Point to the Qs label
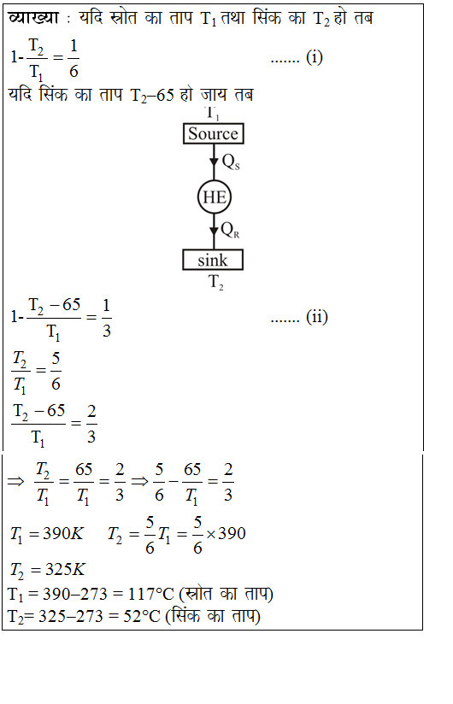pyautogui.click(x=231, y=162)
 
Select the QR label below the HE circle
pyautogui.click(x=230, y=231)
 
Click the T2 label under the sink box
pyautogui.click(x=216, y=283)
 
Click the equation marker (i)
pyautogui.click(x=315, y=57)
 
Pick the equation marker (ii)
pyautogui.click(x=317, y=317)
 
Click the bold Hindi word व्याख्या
pyautogui.click(x=33, y=18)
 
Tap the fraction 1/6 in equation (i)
pyautogui.click(x=74, y=58)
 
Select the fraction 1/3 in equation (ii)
pyautogui.click(x=106, y=318)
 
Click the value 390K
pyautogui.click(x=63, y=534)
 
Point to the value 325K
pyautogui.click(x=65, y=569)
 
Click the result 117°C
pyautogui.click(x=150, y=595)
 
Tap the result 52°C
pyautogui.click(x=141, y=616)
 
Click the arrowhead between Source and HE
pyautogui.click(x=215, y=161)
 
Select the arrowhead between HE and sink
pyautogui.click(x=215, y=232)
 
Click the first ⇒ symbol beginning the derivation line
pyautogui.click(x=15, y=482)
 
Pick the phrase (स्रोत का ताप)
pyautogui.click(x=226, y=594)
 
